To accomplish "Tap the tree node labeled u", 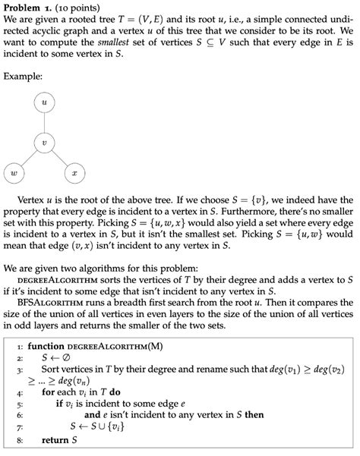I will tap(44, 101).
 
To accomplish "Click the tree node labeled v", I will tap(44, 141).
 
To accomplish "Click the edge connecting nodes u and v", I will tap(44, 121).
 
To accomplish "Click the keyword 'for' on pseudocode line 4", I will tap(49, 393).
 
